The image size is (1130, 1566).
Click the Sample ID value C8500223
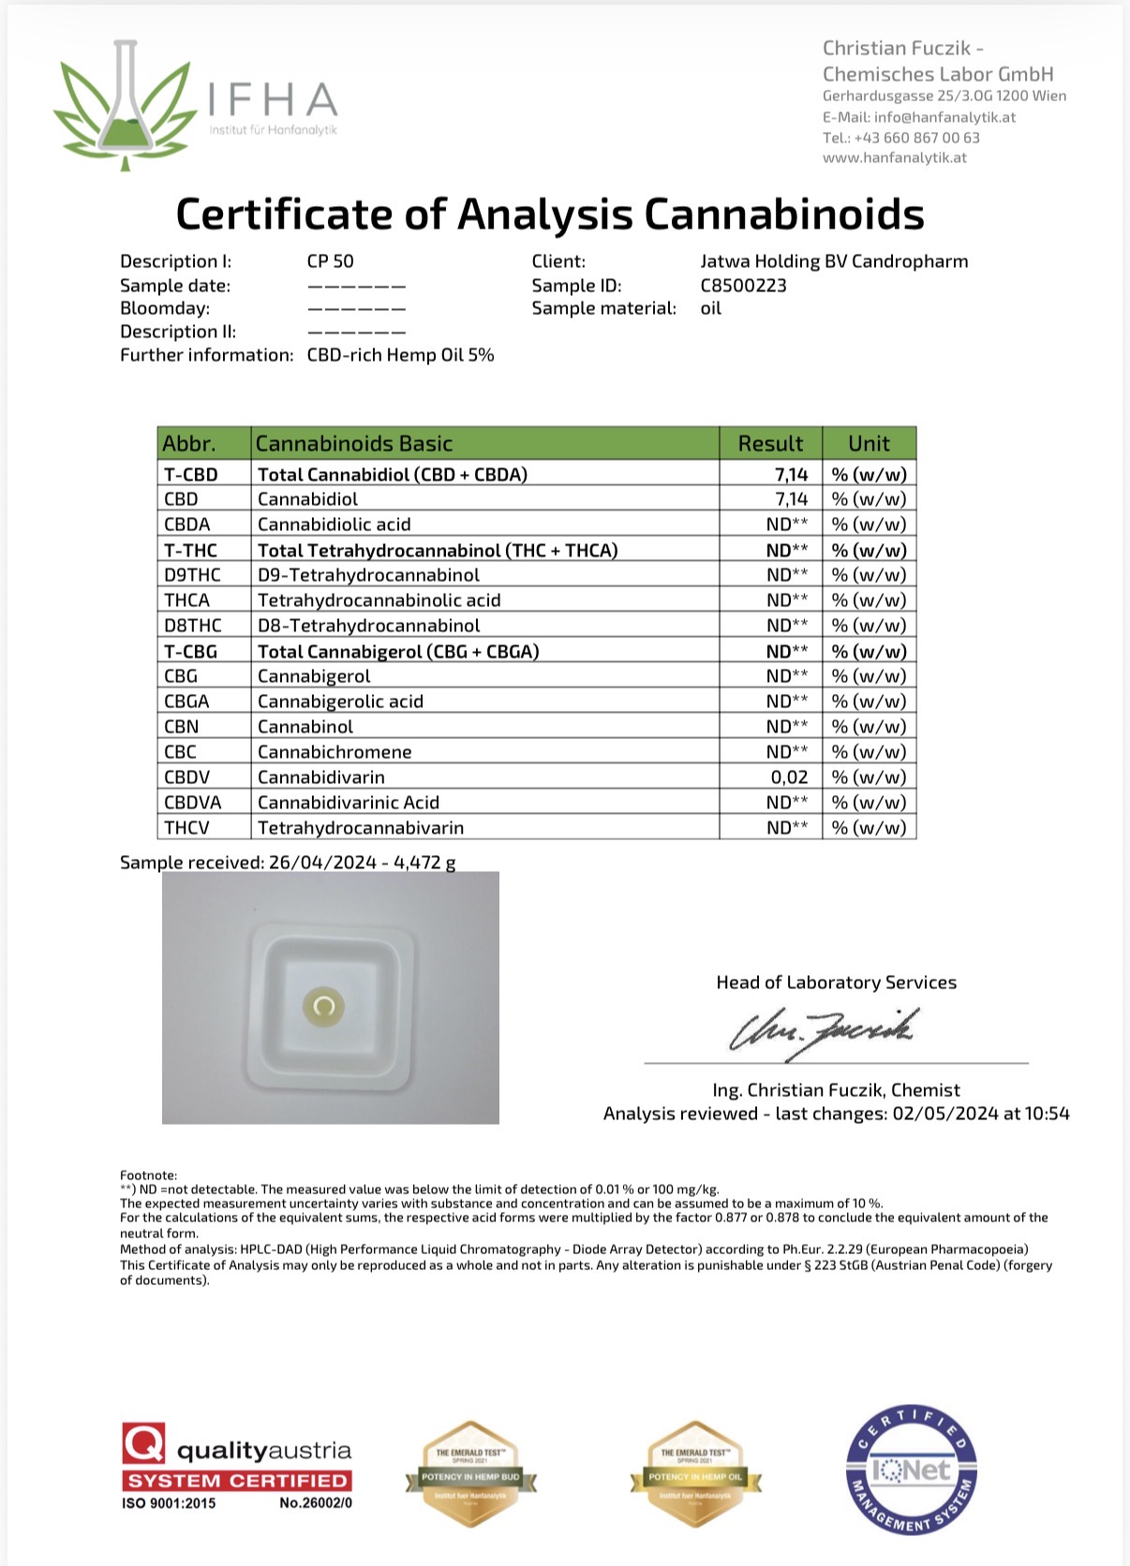coord(743,286)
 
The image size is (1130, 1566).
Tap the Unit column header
coord(869,443)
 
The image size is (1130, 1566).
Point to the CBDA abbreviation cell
coord(187,524)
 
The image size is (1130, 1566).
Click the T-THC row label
coord(191,550)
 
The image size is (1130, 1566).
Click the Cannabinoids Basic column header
coord(354,443)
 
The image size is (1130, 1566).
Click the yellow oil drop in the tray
coord(324,1007)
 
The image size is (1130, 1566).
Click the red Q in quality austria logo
coord(143,1443)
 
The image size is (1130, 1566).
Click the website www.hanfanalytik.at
coord(894,157)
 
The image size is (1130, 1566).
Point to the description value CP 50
coord(330,261)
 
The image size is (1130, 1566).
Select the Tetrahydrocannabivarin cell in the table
coord(361,828)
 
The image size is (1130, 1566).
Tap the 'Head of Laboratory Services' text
coord(836,982)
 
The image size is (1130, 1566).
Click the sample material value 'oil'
coord(710,308)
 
